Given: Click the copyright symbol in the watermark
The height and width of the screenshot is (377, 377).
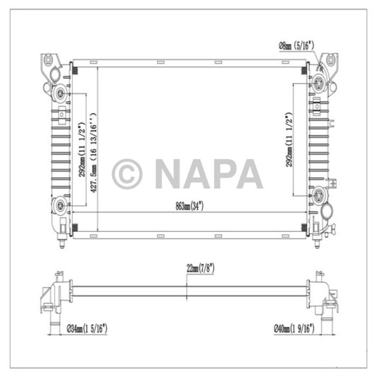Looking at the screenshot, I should (127, 173).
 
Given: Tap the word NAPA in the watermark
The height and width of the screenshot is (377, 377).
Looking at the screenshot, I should (209, 173).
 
